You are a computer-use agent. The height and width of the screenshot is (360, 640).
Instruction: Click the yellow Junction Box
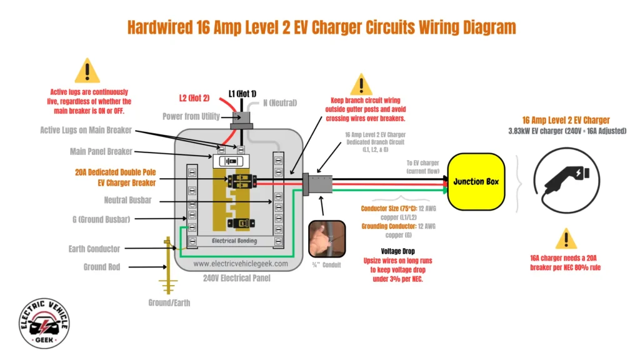[476, 181]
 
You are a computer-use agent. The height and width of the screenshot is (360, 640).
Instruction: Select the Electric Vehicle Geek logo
[44, 322]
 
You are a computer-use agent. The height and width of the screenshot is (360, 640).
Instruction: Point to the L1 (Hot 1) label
[242, 92]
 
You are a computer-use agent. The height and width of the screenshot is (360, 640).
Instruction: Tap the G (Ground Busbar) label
[101, 219]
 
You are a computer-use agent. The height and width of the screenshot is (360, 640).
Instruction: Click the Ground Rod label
[102, 267]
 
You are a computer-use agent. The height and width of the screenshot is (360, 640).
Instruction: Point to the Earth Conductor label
[94, 249]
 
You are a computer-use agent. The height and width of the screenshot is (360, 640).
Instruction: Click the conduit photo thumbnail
[328, 238]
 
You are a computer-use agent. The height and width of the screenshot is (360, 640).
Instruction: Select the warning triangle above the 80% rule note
[566, 239]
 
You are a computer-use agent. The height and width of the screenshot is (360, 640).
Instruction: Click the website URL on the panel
[241, 264]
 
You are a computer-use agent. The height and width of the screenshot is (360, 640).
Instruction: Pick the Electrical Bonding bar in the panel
[241, 241]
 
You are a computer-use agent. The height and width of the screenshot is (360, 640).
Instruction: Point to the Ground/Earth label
[169, 302]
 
